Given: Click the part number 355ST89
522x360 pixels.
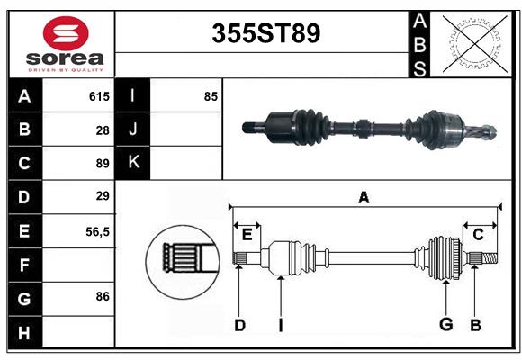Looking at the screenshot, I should click(265, 33).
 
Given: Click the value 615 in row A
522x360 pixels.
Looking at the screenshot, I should click(99, 96).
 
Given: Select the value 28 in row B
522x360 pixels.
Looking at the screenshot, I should click(103, 130).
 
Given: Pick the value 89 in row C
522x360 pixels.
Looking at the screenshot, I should click(103, 164).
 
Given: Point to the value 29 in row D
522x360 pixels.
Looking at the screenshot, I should click(103, 196).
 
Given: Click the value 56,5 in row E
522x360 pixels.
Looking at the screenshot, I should click(97, 231).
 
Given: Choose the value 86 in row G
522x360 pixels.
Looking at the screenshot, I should click(103, 295).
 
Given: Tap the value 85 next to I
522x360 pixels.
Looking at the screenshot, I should click(211, 96).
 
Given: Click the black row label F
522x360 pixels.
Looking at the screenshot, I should click(24, 265).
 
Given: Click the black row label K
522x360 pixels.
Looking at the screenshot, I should click(134, 163).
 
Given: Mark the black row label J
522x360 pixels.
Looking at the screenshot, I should click(134, 130).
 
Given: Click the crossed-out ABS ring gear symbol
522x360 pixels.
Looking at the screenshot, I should click(473, 42).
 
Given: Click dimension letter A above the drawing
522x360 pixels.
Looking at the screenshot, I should click(364, 197).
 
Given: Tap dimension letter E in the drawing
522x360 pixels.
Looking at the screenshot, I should click(247, 234).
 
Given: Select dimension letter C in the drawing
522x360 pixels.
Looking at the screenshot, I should click(478, 234).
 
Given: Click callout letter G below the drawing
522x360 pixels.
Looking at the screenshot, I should click(445, 324).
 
